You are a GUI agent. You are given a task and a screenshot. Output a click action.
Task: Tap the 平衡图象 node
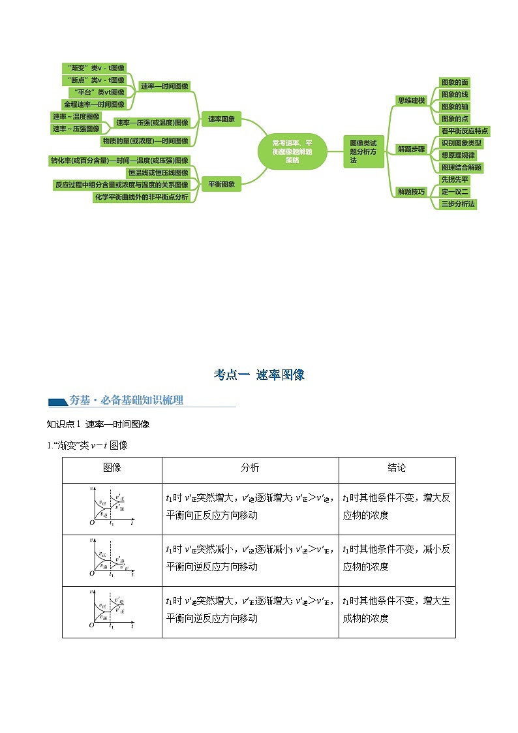(x=222, y=184)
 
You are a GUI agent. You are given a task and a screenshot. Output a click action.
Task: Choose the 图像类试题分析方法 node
(x=363, y=151)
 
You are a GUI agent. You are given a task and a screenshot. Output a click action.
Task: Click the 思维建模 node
(x=412, y=101)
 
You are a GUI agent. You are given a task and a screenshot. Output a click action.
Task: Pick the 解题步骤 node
(x=412, y=149)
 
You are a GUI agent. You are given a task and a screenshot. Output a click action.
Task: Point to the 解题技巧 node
(x=412, y=191)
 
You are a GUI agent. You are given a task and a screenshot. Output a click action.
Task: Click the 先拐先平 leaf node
(x=455, y=179)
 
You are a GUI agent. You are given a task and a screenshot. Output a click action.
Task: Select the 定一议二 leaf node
(x=455, y=192)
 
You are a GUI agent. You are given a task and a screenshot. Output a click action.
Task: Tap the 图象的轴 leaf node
(x=455, y=106)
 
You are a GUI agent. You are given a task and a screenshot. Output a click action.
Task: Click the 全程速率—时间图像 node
(x=94, y=104)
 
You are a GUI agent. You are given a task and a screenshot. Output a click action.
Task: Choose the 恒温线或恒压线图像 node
(x=159, y=172)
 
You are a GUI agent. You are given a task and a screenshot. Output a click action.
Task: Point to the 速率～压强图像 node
(x=76, y=129)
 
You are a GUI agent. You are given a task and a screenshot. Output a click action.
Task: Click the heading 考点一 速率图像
(x=259, y=375)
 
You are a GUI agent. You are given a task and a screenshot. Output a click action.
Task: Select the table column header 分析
(x=250, y=468)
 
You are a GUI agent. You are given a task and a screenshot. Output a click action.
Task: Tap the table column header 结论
(x=397, y=468)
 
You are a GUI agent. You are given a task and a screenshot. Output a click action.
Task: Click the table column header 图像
(x=112, y=468)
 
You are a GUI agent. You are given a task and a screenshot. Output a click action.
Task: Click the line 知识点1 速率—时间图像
(x=99, y=424)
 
